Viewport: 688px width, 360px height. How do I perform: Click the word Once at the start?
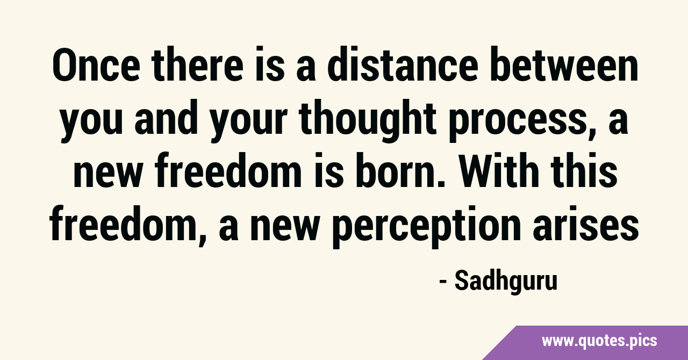click(x=96, y=65)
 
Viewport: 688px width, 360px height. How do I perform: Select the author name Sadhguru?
click(x=506, y=282)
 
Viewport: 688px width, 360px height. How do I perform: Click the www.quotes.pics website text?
click(x=599, y=341)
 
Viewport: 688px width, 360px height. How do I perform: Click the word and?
click(x=166, y=119)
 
